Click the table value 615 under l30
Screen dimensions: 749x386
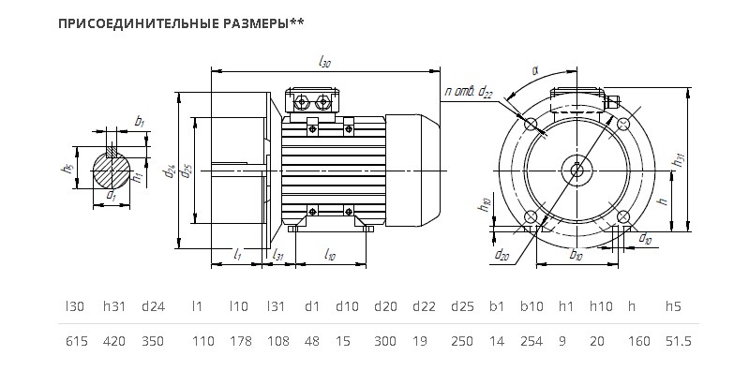77,342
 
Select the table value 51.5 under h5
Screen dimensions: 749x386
679,342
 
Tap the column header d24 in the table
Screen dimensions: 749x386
154,306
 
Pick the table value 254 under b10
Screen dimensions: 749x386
532,342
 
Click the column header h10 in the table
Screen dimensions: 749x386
601,306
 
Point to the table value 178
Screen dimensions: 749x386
238,342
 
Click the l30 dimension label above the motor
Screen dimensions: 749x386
324,63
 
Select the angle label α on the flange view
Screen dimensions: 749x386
535,70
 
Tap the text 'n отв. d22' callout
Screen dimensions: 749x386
468,92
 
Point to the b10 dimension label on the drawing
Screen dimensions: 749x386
577,255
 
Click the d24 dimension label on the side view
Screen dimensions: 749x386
170,171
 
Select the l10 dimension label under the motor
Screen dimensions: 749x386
329,255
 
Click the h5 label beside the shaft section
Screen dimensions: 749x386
66,169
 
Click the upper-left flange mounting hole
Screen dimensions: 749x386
531,124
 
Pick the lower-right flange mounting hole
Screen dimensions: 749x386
622,217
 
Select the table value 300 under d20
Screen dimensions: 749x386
385,342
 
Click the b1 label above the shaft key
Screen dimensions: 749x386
140,121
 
